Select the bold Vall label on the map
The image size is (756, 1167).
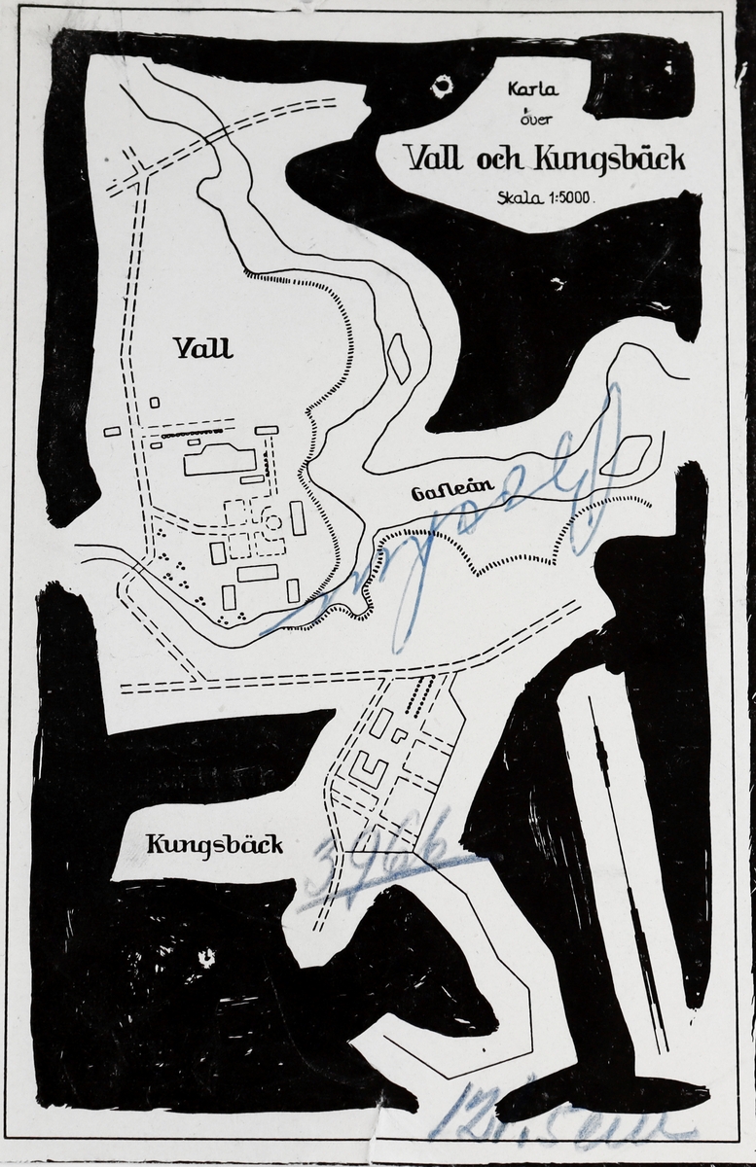(202, 347)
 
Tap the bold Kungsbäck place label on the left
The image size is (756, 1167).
(214, 843)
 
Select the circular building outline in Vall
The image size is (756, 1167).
(273, 522)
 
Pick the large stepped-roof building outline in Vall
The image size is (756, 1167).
(221, 458)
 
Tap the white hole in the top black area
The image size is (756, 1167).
(444, 88)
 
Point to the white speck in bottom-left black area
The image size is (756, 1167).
(206, 959)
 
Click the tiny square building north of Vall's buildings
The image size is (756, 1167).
(155, 402)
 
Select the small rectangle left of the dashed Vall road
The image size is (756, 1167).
(112, 431)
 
